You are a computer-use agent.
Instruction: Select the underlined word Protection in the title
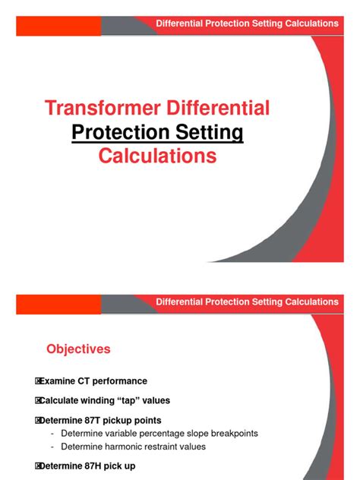point(118,133)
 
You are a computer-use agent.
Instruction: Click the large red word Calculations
point(158,156)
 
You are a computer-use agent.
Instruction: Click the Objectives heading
point(78,349)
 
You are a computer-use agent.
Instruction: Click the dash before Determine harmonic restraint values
point(52,447)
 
